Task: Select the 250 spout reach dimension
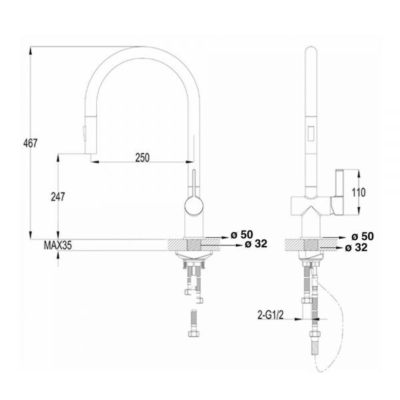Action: pyautogui.click(x=142, y=157)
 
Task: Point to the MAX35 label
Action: pyautogui.click(x=58, y=245)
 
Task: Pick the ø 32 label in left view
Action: pyautogui.click(x=256, y=244)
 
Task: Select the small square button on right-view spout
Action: pyautogui.click(x=310, y=137)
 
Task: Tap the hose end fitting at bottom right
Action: pyautogui.click(x=314, y=349)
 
